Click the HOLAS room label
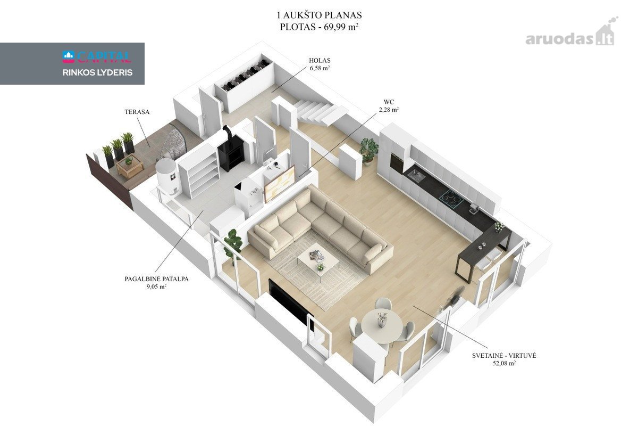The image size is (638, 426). (x=320, y=61)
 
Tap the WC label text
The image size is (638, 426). (x=389, y=102)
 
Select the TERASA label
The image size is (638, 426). (x=137, y=112)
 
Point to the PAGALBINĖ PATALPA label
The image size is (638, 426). (x=156, y=279)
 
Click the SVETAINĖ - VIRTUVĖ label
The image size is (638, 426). (x=504, y=356)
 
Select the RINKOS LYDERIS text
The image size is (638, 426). (x=97, y=72)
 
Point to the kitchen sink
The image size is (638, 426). (x=416, y=176)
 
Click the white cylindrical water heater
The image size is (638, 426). (x=167, y=176)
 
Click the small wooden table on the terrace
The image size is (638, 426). (x=130, y=166)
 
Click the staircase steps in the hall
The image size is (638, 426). (x=316, y=112)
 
